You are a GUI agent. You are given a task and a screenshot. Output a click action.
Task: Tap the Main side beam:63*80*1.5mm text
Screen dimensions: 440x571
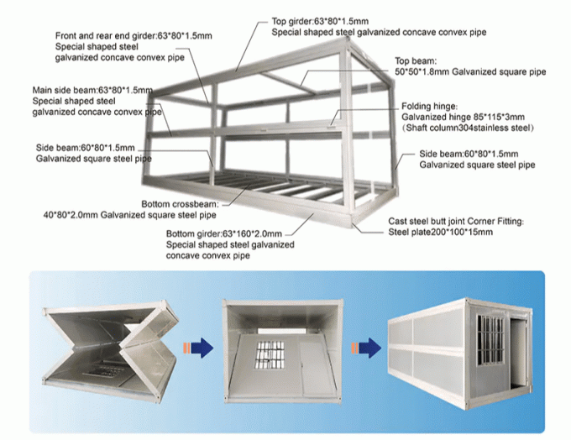click(92, 89)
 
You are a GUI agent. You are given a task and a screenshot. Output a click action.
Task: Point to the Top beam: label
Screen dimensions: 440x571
click(417, 61)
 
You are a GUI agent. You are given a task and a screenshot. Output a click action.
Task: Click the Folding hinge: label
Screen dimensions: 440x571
click(423, 108)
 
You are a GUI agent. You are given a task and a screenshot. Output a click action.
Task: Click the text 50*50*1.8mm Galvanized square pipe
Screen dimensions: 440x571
click(470, 72)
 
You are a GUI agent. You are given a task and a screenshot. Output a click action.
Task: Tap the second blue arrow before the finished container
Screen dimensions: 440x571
click(362, 347)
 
